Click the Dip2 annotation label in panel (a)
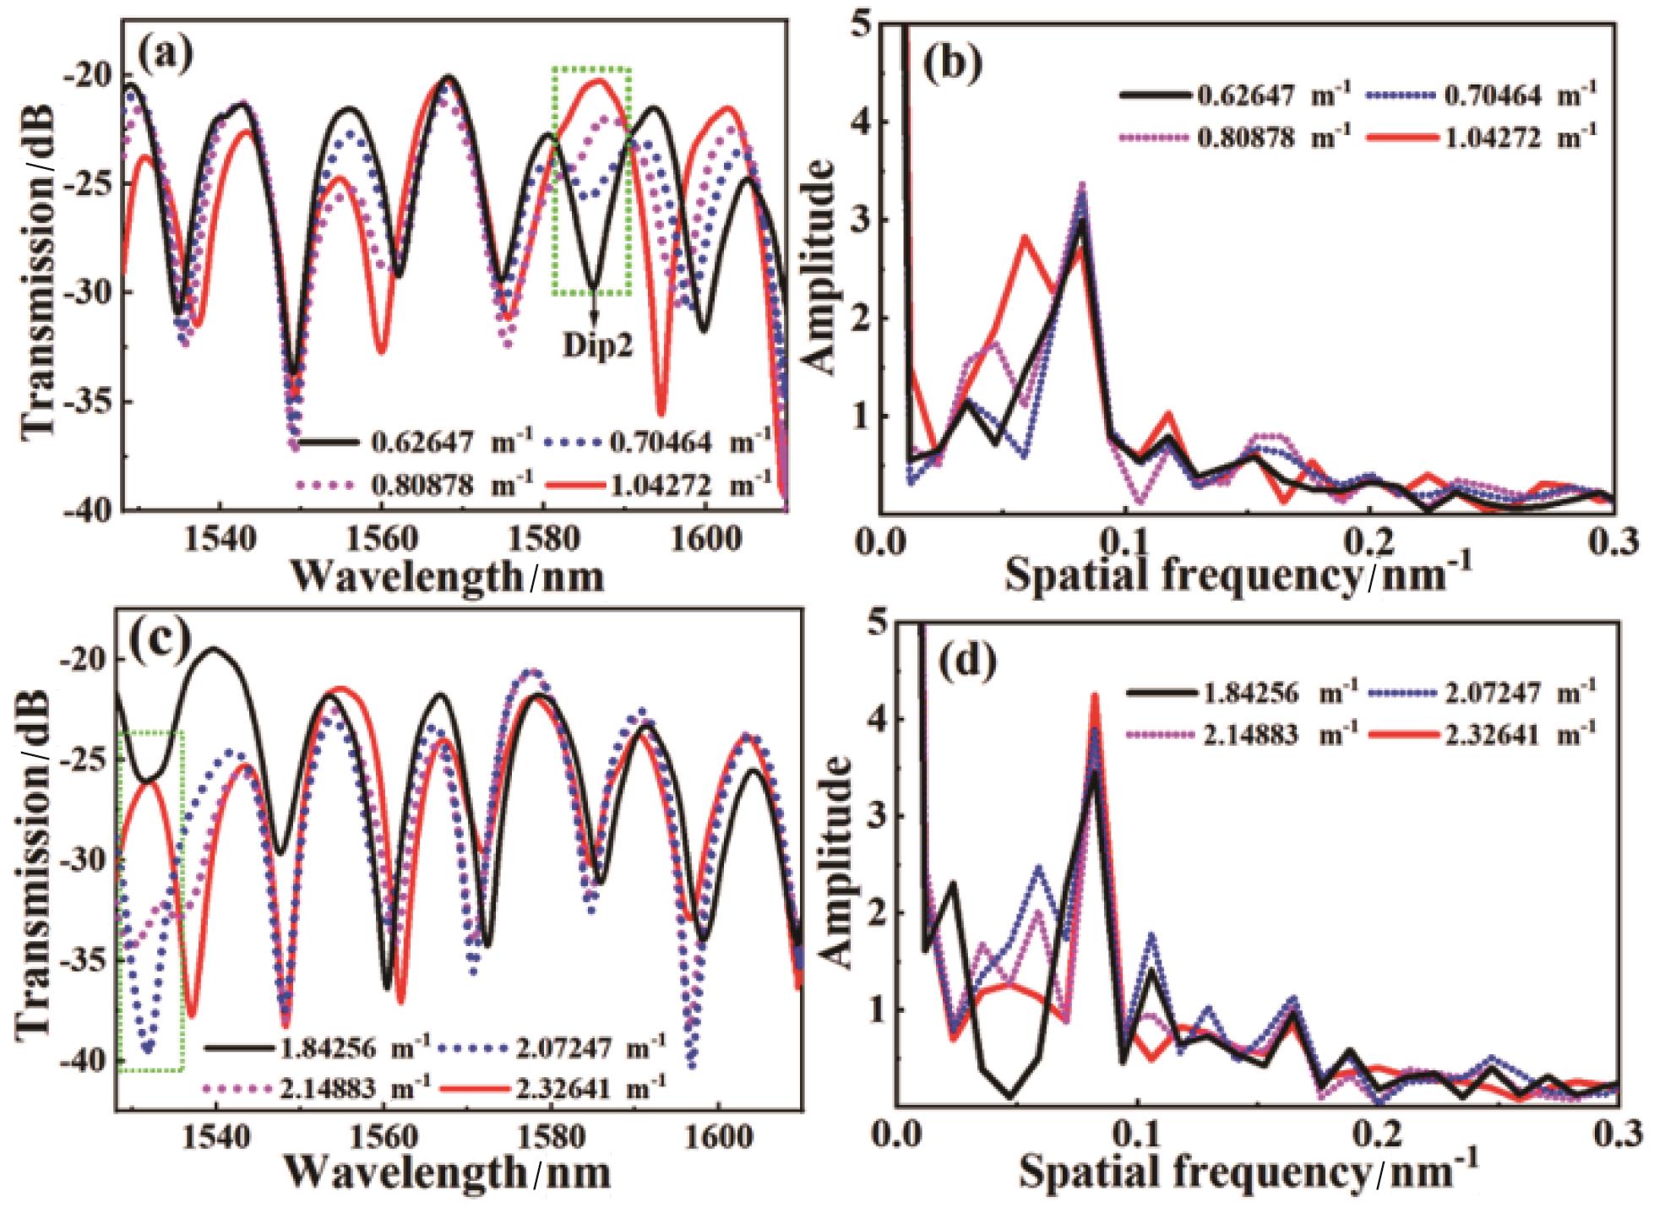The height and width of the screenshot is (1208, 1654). tap(598, 348)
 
